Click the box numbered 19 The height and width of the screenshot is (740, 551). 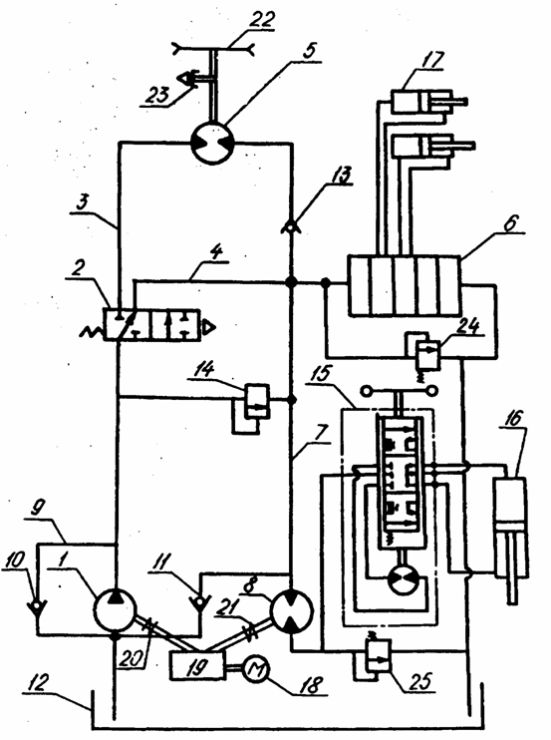pos(198,666)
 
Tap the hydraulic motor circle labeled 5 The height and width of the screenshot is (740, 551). pos(211,143)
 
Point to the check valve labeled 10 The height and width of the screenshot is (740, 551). pos(37,603)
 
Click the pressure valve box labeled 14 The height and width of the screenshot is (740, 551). pos(257,401)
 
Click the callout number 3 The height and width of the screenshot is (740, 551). pos(82,203)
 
